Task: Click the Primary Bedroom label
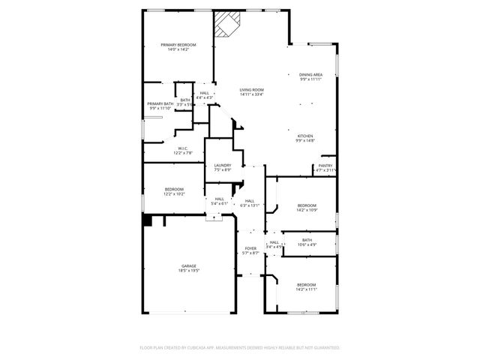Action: pos(178,45)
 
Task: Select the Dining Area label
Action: pos(310,74)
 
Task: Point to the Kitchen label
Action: pos(304,136)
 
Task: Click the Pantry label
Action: pos(325,166)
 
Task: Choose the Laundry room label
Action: pos(222,165)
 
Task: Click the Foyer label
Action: pos(250,248)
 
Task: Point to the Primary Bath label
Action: pos(160,104)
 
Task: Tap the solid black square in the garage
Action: pos(148,220)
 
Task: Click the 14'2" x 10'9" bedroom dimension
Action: pos(306,210)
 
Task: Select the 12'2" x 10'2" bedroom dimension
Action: pos(174,194)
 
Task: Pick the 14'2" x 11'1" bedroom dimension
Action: pos(306,289)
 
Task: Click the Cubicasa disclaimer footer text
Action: pos(240,348)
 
